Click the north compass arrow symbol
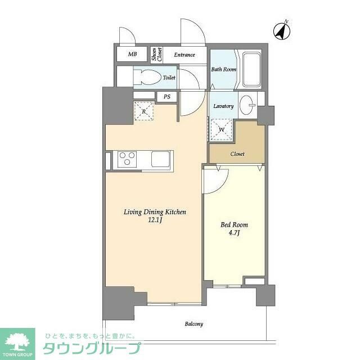click(x=282, y=30)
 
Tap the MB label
click(x=133, y=54)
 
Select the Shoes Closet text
click(x=157, y=55)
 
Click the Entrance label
click(x=184, y=55)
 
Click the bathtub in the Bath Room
click(x=251, y=69)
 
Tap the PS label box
click(x=167, y=97)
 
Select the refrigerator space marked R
click(x=144, y=111)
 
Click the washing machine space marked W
click(x=221, y=129)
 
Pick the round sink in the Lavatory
click(x=246, y=105)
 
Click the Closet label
click(x=237, y=154)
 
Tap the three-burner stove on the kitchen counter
click(x=127, y=159)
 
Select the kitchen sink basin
click(x=160, y=159)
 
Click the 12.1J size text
click(x=155, y=220)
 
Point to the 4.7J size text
click(x=234, y=233)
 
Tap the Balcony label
click(x=194, y=324)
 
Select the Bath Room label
click(x=224, y=69)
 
